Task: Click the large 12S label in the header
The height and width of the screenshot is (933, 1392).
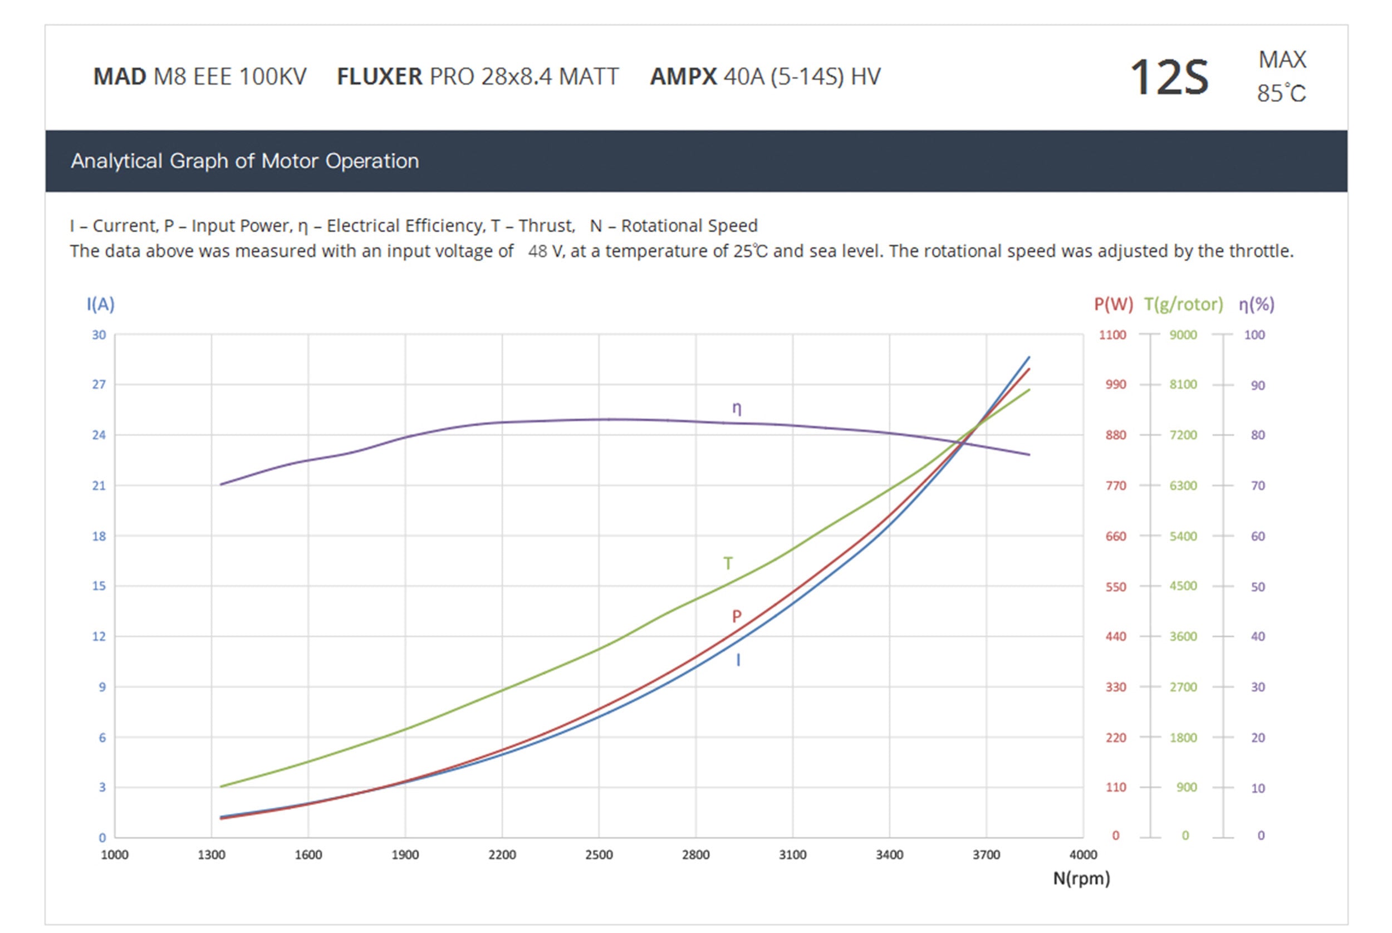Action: pos(1169,77)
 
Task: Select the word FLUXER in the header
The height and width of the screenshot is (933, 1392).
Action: pos(379,77)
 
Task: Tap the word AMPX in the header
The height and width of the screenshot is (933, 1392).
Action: pos(683,77)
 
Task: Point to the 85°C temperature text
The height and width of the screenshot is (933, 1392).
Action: pos(1281,94)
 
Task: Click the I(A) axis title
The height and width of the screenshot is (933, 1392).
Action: pos(101,305)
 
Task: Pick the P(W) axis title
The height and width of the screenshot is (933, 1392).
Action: pos(1113,305)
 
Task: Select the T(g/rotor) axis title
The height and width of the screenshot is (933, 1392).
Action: pos(1183,305)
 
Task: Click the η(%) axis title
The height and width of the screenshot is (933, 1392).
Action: pos(1256,305)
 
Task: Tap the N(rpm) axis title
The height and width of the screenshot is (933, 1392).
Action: pos(1081,878)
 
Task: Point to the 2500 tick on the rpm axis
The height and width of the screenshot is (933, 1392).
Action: pos(599,855)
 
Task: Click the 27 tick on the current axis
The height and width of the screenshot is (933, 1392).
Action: pos(99,384)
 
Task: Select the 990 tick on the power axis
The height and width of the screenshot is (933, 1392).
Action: pos(1116,384)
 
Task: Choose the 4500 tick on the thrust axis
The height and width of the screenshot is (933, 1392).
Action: pos(1183,586)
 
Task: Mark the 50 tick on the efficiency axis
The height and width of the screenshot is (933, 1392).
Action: pos(1257,587)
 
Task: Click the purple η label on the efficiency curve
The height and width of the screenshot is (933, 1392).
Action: pos(737,408)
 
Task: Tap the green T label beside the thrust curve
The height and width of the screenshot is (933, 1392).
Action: pos(728,563)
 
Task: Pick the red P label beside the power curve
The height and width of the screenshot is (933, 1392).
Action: pos(737,616)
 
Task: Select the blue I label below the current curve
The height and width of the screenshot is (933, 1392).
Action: pos(738,660)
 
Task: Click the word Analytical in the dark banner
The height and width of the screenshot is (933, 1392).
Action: pos(116,161)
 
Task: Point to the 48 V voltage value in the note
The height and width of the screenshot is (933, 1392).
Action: pos(545,251)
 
